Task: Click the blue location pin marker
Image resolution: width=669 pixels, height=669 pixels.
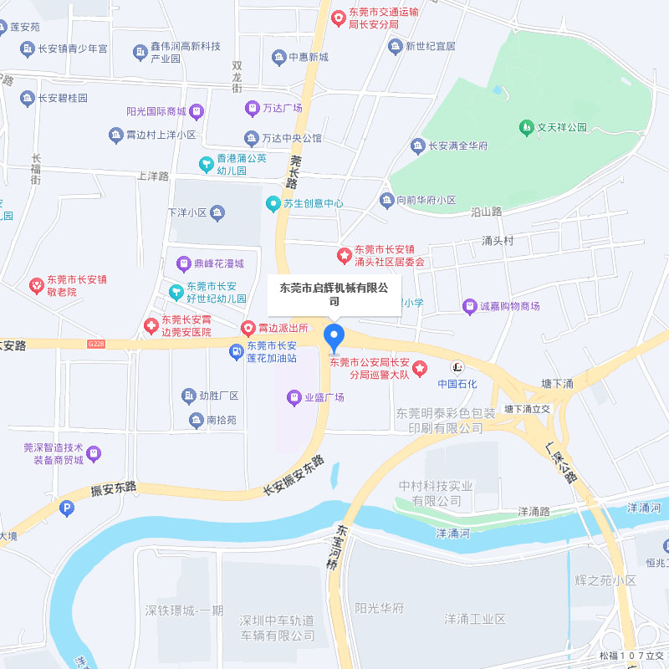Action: [x=334, y=336]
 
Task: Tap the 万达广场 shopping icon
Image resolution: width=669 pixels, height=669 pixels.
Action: [x=251, y=108]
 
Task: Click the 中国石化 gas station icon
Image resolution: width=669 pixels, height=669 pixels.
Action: [x=457, y=367]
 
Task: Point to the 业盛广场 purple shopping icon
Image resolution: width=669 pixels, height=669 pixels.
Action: [x=294, y=397]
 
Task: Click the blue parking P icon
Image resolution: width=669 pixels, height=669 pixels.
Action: [x=67, y=508]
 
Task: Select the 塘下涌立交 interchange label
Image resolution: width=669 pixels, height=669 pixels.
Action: [x=527, y=410]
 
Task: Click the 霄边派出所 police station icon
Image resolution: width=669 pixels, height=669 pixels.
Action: [x=248, y=329]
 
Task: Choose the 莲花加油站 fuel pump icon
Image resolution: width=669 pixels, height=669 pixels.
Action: [x=237, y=352]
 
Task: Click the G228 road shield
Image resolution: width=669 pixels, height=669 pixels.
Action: [x=96, y=343]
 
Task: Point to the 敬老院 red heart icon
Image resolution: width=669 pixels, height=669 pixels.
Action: [x=37, y=286]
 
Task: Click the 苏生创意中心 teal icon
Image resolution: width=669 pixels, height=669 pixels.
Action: [x=273, y=203]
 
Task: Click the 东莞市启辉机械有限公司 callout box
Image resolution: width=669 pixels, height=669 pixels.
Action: [x=334, y=294]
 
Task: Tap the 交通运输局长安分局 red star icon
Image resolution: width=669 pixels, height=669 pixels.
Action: [x=338, y=18]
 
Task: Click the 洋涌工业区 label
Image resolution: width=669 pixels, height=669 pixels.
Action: [x=475, y=619]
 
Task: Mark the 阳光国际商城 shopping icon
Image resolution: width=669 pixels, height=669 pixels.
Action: [x=197, y=111]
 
